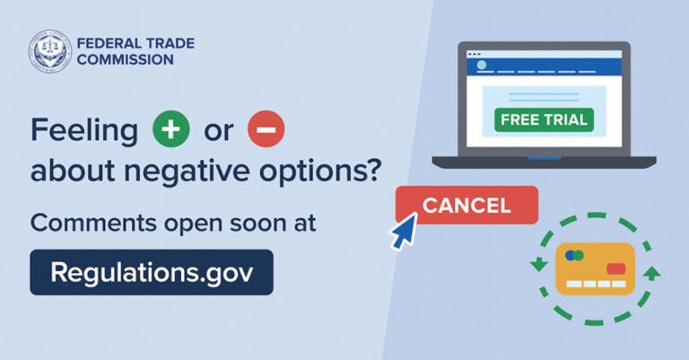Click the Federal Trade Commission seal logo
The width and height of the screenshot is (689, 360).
[50, 51]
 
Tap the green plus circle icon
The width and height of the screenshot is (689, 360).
[171, 128]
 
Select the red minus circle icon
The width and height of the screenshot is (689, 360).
[266, 128]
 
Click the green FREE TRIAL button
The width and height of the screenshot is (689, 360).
[544, 119]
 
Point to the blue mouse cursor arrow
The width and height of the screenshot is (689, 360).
[405, 231]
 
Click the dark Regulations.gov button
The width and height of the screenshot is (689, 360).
[152, 272]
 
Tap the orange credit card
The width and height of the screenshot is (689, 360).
[596, 268]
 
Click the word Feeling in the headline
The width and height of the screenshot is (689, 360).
[84, 130]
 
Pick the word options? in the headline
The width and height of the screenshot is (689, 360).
[319, 171]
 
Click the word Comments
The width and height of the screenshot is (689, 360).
[93, 223]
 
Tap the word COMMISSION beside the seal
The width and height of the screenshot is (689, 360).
[126, 59]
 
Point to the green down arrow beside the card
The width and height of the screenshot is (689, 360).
[538, 264]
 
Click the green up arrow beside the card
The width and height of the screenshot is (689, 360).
[651, 273]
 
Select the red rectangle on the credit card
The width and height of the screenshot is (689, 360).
[616, 268]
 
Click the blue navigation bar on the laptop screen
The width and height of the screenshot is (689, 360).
[544, 66]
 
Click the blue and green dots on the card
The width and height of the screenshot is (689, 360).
[574, 255]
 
